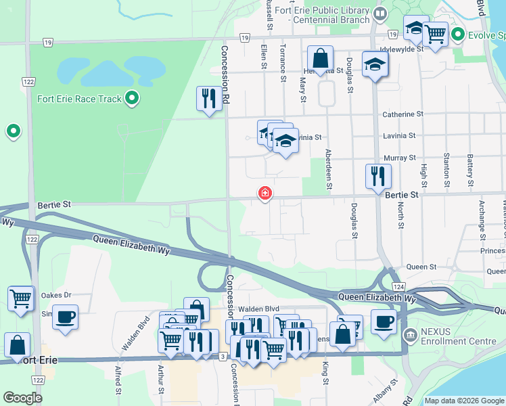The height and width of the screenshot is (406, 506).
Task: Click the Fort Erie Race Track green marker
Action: [133, 99]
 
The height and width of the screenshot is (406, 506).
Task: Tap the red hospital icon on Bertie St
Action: [264, 194]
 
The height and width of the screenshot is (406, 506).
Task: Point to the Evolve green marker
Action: [458, 34]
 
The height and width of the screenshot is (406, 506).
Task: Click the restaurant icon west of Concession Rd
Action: [208, 98]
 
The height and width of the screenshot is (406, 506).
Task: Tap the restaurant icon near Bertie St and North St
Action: [377, 176]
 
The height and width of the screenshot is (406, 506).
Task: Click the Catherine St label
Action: [402, 114]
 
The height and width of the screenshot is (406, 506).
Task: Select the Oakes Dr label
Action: [55, 295]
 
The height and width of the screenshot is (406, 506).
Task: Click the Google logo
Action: [23, 398]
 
